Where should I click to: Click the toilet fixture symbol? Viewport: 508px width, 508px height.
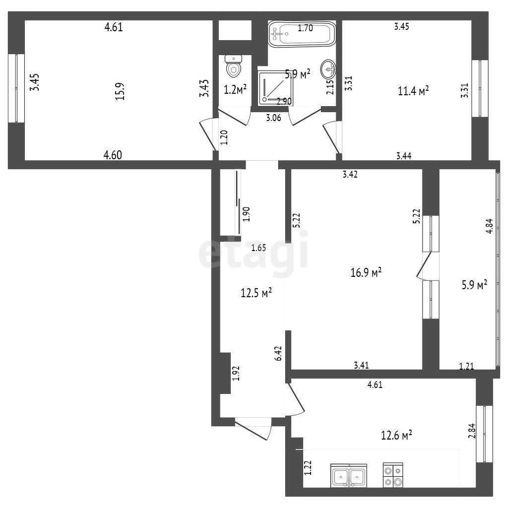233,66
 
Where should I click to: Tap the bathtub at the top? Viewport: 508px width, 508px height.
302,34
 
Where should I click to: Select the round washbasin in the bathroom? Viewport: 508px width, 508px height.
328,69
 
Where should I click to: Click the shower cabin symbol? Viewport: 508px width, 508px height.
275,87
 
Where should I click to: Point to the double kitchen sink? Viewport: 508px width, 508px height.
349,475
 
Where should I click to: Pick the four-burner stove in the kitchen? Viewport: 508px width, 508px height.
393,475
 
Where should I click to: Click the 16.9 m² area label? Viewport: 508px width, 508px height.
366,272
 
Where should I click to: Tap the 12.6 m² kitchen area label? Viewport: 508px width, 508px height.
396,435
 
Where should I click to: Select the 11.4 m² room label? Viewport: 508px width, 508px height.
413,91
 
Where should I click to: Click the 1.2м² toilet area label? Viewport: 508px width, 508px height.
236,89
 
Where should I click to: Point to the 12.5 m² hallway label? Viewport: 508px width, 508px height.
256,293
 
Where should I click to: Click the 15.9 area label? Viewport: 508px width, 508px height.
120,91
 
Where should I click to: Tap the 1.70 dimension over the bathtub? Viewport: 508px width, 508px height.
305,28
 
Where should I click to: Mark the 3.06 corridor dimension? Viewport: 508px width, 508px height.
274,118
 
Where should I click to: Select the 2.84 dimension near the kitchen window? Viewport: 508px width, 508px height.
472,431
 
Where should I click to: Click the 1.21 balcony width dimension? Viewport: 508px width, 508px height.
466,367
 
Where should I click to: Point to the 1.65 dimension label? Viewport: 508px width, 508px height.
259,248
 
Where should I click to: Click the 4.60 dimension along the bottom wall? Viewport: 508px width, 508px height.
113,155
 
